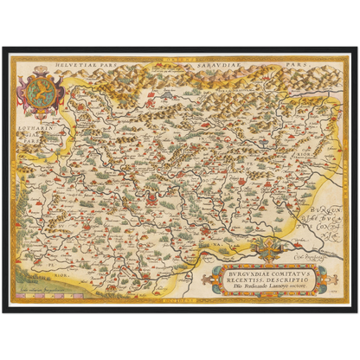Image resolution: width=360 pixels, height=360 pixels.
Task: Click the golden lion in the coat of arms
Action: tap(40, 89)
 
